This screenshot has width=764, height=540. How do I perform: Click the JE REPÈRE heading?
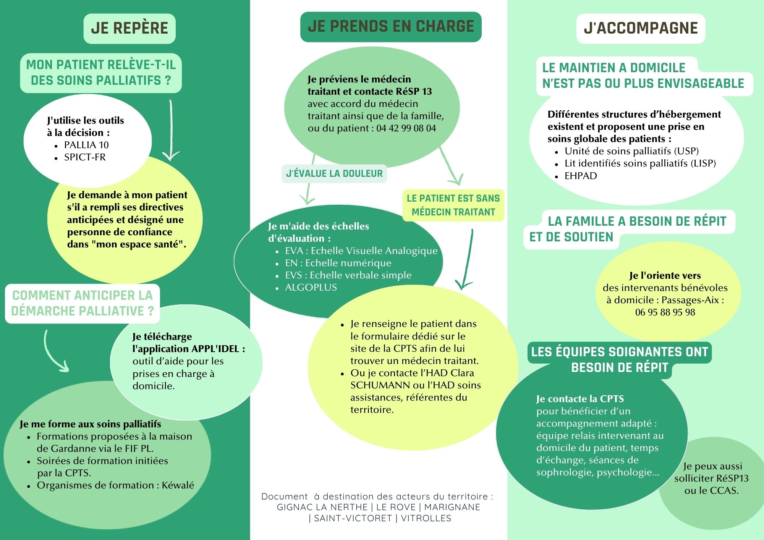pos(129,28)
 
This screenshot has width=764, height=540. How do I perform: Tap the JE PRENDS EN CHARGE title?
pos(391,26)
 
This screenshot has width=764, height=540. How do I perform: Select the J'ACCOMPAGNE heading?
pos(641,28)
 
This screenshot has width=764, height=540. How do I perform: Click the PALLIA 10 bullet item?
pos(86,145)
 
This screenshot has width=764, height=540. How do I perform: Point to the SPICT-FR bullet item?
pos(85,157)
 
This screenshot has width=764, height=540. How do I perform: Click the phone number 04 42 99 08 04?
pos(406,128)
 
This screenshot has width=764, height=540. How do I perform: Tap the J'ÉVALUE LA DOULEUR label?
pos(334,174)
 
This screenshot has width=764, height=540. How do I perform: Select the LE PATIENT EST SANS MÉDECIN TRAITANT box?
pos(453,205)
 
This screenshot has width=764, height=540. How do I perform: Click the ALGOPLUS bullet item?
pos(311,288)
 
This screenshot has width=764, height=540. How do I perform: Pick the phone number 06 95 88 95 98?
pos(665,312)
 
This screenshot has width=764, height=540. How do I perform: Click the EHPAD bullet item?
pos(581,176)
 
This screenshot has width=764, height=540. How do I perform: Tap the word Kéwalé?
pos(178,485)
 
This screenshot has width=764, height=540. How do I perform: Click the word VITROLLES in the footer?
pos(426,518)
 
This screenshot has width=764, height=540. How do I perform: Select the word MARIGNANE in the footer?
pos(452,507)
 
